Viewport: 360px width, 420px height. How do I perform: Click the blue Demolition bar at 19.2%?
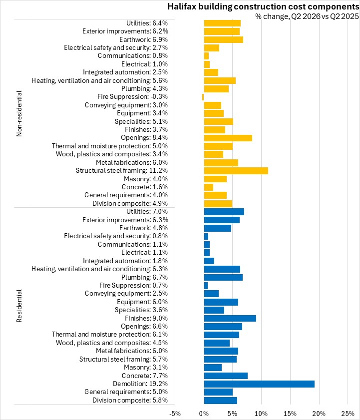pyautogui.click(x=259, y=384)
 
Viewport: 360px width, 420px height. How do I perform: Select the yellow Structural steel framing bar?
pyautogui.click(x=236, y=171)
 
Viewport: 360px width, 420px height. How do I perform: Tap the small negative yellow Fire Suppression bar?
pyautogui.click(x=203, y=97)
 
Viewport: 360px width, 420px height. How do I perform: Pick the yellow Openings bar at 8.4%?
pyautogui.click(x=228, y=138)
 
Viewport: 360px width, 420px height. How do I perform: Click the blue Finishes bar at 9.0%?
pyautogui.click(x=230, y=318)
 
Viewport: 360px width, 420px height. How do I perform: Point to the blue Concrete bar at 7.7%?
pyautogui.click(x=226, y=376)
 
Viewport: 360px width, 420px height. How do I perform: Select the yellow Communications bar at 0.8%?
pyautogui.click(x=206, y=56)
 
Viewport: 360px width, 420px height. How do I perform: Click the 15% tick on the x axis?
pyautogui.click(x=290, y=414)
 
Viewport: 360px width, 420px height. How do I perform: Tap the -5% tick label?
pyautogui.click(x=175, y=414)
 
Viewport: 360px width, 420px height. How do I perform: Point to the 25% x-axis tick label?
pyautogui.click(x=348, y=414)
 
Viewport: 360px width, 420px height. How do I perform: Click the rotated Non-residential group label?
pyautogui.click(x=19, y=113)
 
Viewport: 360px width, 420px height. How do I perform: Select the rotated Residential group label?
pyautogui.click(x=19, y=306)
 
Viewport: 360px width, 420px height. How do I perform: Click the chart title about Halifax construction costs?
pyautogui.click(x=263, y=6)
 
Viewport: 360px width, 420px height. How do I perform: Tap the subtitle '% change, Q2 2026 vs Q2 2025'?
pyautogui.click(x=307, y=16)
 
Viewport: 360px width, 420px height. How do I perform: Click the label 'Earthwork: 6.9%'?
pyautogui.click(x=144, y=39)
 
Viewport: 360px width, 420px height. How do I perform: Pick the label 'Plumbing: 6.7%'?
pyautogui.click(x=145, y=277)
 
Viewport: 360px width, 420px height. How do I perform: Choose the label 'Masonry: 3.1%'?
pyautogui.click(x=146, y=367)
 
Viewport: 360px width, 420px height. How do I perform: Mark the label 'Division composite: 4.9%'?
pyautogui.click(x=130, y=204)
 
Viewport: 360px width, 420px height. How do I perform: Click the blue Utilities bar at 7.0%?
pyautogui.click(x=224, y=212)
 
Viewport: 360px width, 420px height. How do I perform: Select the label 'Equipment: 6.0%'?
pyautogui.click(x=142, y=302)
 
